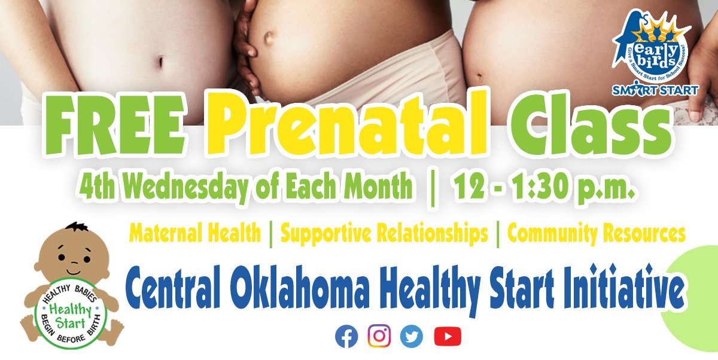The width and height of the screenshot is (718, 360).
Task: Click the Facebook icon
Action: pyautogui.click(x=346, y=336)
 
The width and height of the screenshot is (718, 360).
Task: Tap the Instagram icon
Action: pyautogui.click(x=379, y=336)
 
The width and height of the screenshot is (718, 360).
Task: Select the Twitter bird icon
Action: pyautogui.click(x=411, y=336)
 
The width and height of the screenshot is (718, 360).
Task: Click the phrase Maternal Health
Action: pyautogui.click(x=195, y=234)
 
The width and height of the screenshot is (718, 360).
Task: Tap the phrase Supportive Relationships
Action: pyautogui.click(x=384, y=234)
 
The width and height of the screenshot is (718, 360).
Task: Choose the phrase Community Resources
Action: pyautogui.click(x=596, y=234)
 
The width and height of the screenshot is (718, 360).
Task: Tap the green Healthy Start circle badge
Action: pyautogui.click(x=71, y=315)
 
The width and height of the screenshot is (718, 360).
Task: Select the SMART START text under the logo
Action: pyautogui.click(x=655, y=90)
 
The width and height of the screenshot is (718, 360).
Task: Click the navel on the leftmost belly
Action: pyautogui.click(x=161, y=62)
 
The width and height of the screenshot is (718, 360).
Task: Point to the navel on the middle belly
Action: pyautogui.click(x=268, y=38)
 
